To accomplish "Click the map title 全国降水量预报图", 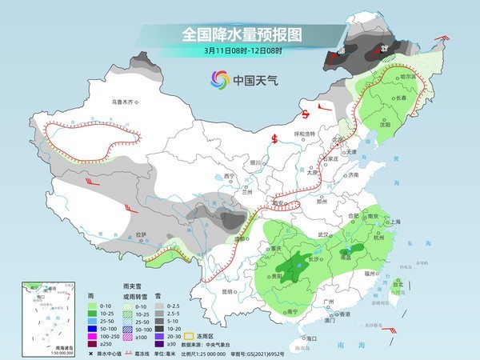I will click(x=240, y=34).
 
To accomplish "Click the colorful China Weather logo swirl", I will click(x=218, y=79).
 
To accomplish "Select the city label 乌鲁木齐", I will click(x=125, y=102).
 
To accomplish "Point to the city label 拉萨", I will click(x=141, y=234).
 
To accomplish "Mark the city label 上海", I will click(x=392, y=222).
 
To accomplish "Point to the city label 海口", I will click(x=310, y=339).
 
